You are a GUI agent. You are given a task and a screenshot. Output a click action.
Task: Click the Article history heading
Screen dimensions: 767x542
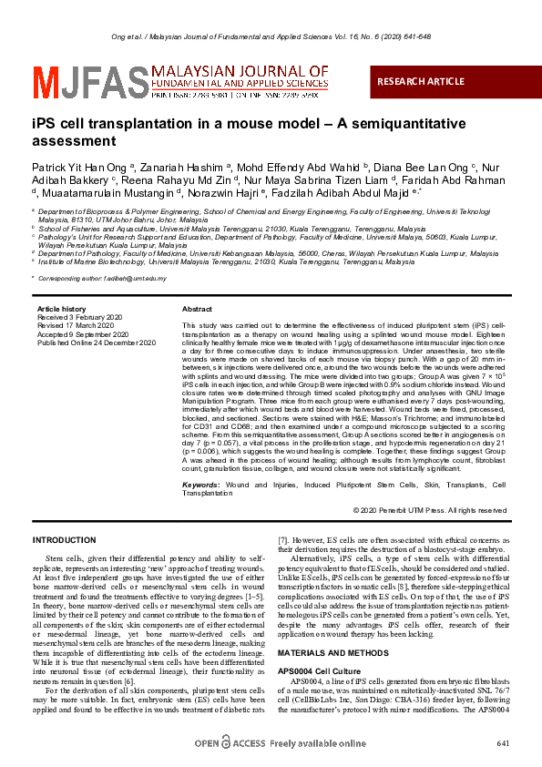[x=61, y=310]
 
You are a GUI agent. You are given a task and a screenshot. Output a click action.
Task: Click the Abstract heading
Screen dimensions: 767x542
[x=198, y=310]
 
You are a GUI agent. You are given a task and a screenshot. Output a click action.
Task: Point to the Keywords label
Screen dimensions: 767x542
[x=201, y=485]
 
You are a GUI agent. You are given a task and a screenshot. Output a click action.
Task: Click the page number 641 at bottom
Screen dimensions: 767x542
[x=504, y=744]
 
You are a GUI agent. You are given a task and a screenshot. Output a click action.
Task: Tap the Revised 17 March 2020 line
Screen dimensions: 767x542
[x=76, y=324]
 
